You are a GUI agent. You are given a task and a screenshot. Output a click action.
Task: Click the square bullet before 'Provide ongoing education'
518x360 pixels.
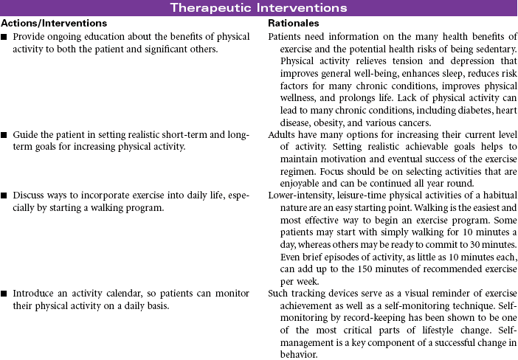[5, 37]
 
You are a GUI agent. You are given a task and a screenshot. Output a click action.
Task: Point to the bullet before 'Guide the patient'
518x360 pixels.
[5, 136]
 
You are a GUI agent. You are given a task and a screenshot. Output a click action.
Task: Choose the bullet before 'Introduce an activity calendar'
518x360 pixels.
[5, 294]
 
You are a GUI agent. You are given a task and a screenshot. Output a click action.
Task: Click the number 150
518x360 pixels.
[376, 268]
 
